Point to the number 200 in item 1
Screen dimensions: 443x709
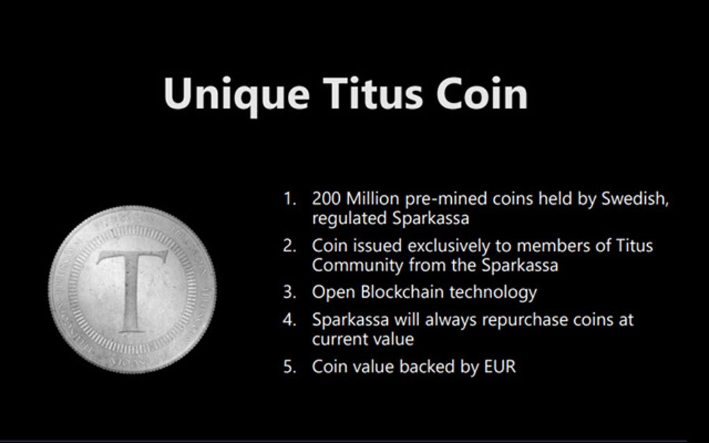coord(326,199)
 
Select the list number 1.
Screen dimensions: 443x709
coord(289,199)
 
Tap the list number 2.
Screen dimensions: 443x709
coord(289,246)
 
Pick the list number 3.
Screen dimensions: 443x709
coord(289,292)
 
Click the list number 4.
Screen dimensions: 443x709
coord(289,321)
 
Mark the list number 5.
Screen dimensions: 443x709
coord(289,367)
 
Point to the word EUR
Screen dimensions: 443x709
coord(500,367)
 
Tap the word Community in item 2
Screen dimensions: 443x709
coord(357,265)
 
